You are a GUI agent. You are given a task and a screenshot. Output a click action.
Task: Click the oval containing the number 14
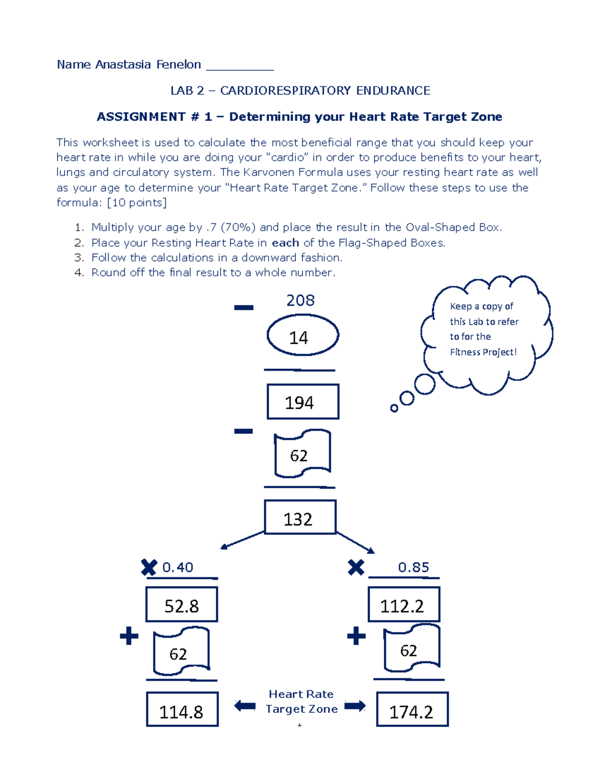(302, 335)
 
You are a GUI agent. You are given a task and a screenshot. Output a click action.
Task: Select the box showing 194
(303, 401)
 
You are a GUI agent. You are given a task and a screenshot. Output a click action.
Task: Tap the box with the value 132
(300, 517)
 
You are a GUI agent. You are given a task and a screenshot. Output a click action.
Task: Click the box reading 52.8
(181, 604)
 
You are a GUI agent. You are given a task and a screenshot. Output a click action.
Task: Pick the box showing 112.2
(403, 604)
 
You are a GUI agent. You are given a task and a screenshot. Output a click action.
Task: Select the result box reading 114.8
(182, 709)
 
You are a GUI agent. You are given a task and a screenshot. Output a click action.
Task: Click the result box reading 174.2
(412, 709)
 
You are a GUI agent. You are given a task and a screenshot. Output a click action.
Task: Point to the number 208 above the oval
(300, 300)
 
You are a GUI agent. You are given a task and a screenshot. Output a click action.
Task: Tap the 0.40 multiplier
(177, 567)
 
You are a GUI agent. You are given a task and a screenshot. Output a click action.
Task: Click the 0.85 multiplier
(413, 567)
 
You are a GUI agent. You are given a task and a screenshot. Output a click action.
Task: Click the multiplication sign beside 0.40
(149, 567)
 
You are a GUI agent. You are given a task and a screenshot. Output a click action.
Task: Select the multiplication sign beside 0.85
(356, 567)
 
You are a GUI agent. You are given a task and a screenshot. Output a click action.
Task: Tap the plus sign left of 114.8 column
(129, 636)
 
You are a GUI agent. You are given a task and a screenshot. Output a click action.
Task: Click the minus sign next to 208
(243, 308)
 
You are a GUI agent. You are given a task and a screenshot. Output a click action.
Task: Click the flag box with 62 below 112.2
(411, 649)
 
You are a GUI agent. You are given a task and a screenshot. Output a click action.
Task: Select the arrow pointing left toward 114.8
(245, 706)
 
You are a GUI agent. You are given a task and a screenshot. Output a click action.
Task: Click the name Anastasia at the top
(123, 65)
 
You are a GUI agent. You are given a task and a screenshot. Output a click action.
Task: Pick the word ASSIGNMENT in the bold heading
(141, 117)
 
